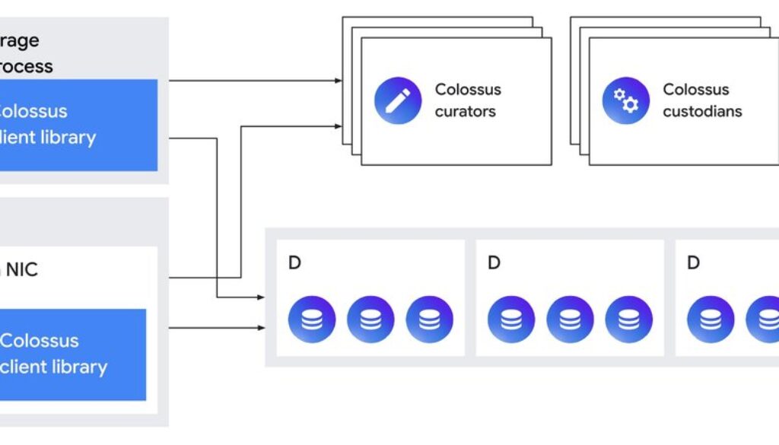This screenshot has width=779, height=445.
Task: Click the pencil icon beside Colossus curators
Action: [398, 100]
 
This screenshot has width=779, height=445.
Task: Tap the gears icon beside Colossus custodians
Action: [626, 100]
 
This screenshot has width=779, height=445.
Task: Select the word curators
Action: [465, 111]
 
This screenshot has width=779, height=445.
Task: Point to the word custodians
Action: [702, 111]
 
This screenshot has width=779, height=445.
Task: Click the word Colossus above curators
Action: [468, 90]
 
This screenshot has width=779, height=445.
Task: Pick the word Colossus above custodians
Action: [695, 90]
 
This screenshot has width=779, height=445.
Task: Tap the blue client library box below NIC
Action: [72, 354]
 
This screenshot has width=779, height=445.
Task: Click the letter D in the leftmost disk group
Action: [294, 263]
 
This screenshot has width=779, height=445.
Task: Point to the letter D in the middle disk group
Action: [494, 263]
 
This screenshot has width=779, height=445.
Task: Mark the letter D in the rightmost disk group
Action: [693, 263]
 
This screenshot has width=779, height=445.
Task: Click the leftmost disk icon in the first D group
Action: [312, 319]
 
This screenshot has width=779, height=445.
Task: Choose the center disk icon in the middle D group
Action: [571, 319]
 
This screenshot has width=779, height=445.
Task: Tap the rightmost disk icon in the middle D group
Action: [629, 319]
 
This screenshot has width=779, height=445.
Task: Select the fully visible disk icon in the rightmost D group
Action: [711, 319]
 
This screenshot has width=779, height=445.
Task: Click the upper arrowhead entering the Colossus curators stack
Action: [338, 80]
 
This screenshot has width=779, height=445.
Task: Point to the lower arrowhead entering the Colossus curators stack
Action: [338, 126]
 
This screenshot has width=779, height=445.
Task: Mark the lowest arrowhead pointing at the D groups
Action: [261, 328]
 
